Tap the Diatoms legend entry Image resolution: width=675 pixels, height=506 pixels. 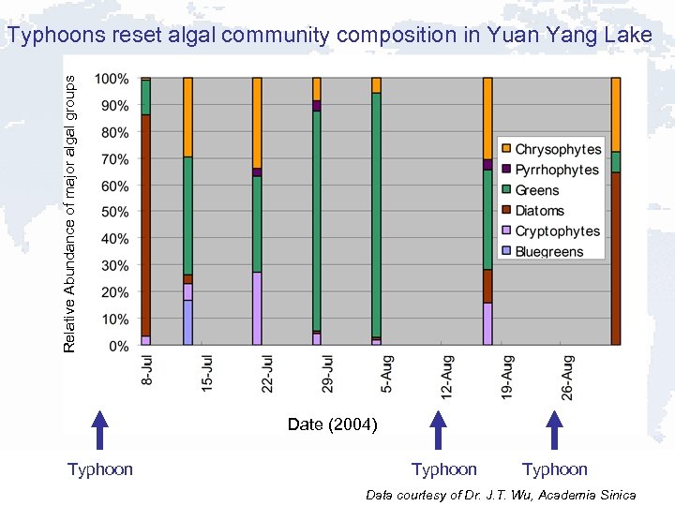pyautogui.click(x=539, y=211)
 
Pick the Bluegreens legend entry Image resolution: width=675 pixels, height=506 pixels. pyautogui.click(x=548, y=251)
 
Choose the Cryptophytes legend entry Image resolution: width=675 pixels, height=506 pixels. pyautogui.click(x=557, y=231)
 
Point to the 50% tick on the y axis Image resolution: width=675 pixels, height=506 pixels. pyautogui.click(x=114, y=213)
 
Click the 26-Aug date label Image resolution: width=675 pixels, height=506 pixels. pyautogui.click(x=567, y=377)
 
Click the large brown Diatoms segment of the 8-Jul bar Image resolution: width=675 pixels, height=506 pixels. pyautogui.click(x=145, y=225)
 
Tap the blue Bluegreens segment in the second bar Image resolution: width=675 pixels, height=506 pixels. pyautogui.click(x=187, y=322)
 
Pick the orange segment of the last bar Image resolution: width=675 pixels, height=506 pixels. pyautogui.click(x=616, y=113)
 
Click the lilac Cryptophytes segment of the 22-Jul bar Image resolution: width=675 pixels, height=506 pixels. pyautogui.click(x=257, y=308)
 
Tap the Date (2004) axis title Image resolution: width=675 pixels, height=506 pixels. pyautogui.click(x=332, y=424)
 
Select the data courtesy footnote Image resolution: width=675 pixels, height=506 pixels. pyautogui.click(x=501, y=495)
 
